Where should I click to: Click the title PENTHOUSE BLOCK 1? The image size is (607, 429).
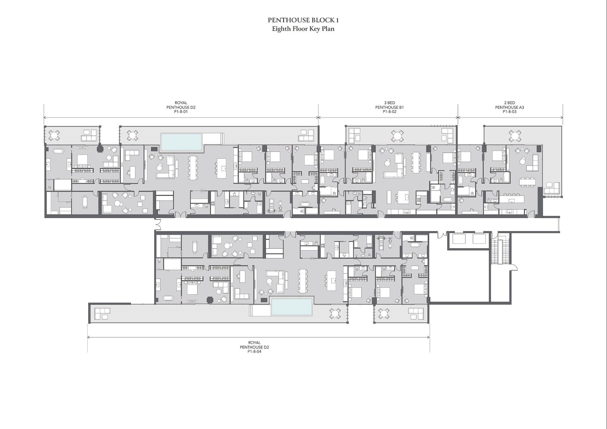pos(303,20)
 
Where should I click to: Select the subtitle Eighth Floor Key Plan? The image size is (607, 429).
pos(303,29)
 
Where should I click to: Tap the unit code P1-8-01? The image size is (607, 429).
pos(181,112)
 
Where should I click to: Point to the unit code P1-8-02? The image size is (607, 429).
pos(389,112)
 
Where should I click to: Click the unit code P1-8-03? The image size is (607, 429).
pos(510,112)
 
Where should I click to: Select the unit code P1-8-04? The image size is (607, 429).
pos(254,351)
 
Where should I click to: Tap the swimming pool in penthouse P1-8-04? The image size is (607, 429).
pos(291,306)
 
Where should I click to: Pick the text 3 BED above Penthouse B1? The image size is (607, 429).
pos(389,103)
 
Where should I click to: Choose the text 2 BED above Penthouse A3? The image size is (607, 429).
pos(510,103)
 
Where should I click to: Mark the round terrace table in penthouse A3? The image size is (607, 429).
pos(515,136)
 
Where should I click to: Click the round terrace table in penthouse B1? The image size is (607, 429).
pos(397,136)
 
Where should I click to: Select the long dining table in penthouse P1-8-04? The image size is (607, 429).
pos(303,281)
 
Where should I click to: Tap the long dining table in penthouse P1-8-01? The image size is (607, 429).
pos(193,167)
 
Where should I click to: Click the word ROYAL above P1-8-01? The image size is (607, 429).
pos(181,103)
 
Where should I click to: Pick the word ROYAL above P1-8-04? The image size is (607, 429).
pos(254,342)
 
